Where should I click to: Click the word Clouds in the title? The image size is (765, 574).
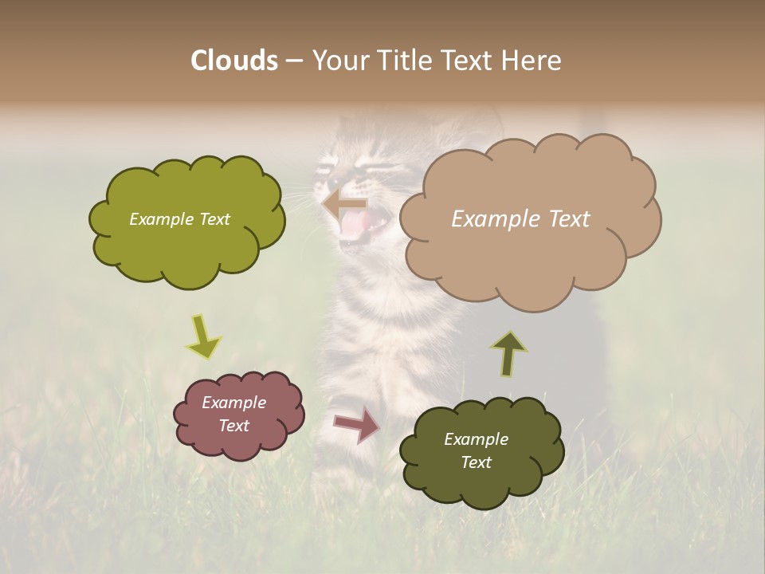click(x=233, y=61)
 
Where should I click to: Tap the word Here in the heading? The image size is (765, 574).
click(x=533, y=61)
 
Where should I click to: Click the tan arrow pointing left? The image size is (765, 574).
click(x=344, y=203)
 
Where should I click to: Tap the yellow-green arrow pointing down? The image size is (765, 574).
click(x=203, y=336)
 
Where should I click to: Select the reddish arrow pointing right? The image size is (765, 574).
click(x=356, y=424)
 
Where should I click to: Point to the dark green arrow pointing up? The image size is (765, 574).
click(x=508, y=353)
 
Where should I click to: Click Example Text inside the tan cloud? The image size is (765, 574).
click(x=520, y=219)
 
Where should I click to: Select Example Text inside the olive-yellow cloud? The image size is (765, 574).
click(x=179, y=219)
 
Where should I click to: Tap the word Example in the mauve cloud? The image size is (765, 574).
click(x=233, y=403)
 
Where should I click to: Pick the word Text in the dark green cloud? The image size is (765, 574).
click(x=476, y=462)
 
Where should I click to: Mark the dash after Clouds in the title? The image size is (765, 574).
click(x=293, y=61)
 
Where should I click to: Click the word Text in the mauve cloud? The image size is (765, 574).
click(x=233, y=426)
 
